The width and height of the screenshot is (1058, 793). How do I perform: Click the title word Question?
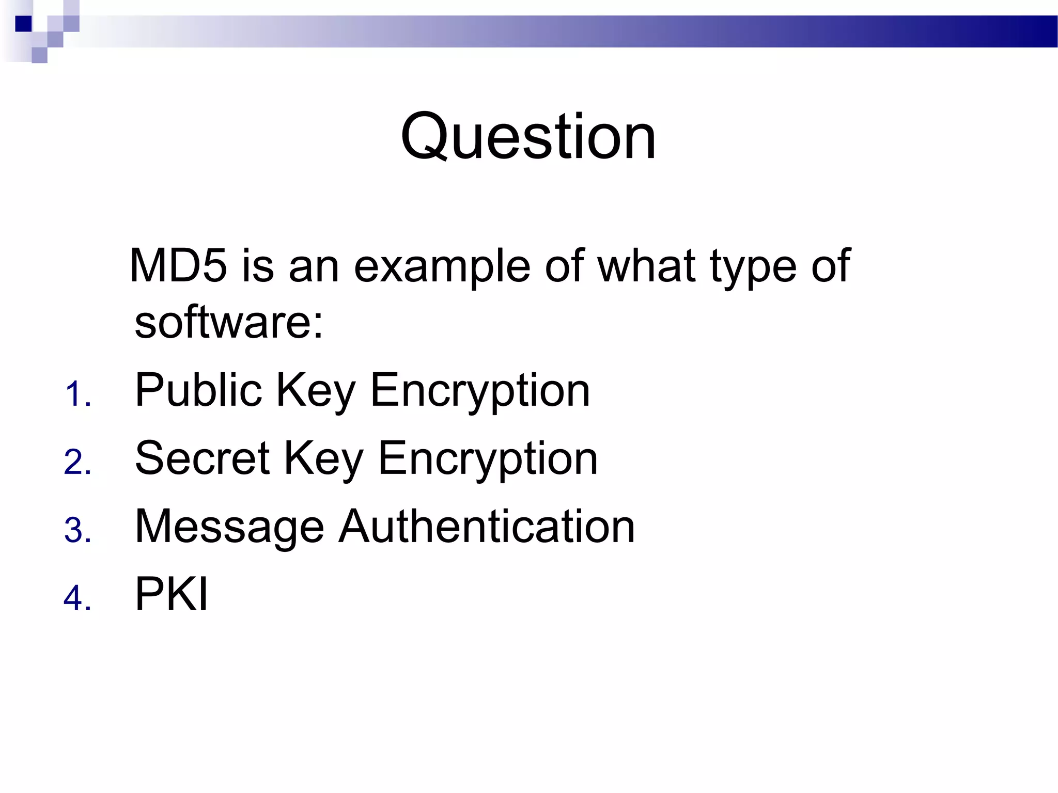coord(528,137)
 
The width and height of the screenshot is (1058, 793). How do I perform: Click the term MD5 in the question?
coord(178,266)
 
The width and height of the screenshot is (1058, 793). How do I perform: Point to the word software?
coord(229,322)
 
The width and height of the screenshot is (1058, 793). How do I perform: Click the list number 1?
coord(78,395)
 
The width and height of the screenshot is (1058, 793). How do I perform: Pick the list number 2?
coord(78,462)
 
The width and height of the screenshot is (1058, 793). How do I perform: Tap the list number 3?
coord(78,531)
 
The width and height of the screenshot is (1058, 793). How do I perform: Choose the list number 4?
coord(78,598)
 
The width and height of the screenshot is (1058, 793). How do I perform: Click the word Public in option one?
coord(198,390)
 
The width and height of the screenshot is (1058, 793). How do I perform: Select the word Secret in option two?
coord(202,458)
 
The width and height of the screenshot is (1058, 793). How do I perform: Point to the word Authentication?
coord(487,527)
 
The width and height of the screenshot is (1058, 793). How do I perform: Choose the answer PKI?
coord(172,594)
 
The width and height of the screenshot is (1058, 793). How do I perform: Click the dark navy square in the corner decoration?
coord(24,24)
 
